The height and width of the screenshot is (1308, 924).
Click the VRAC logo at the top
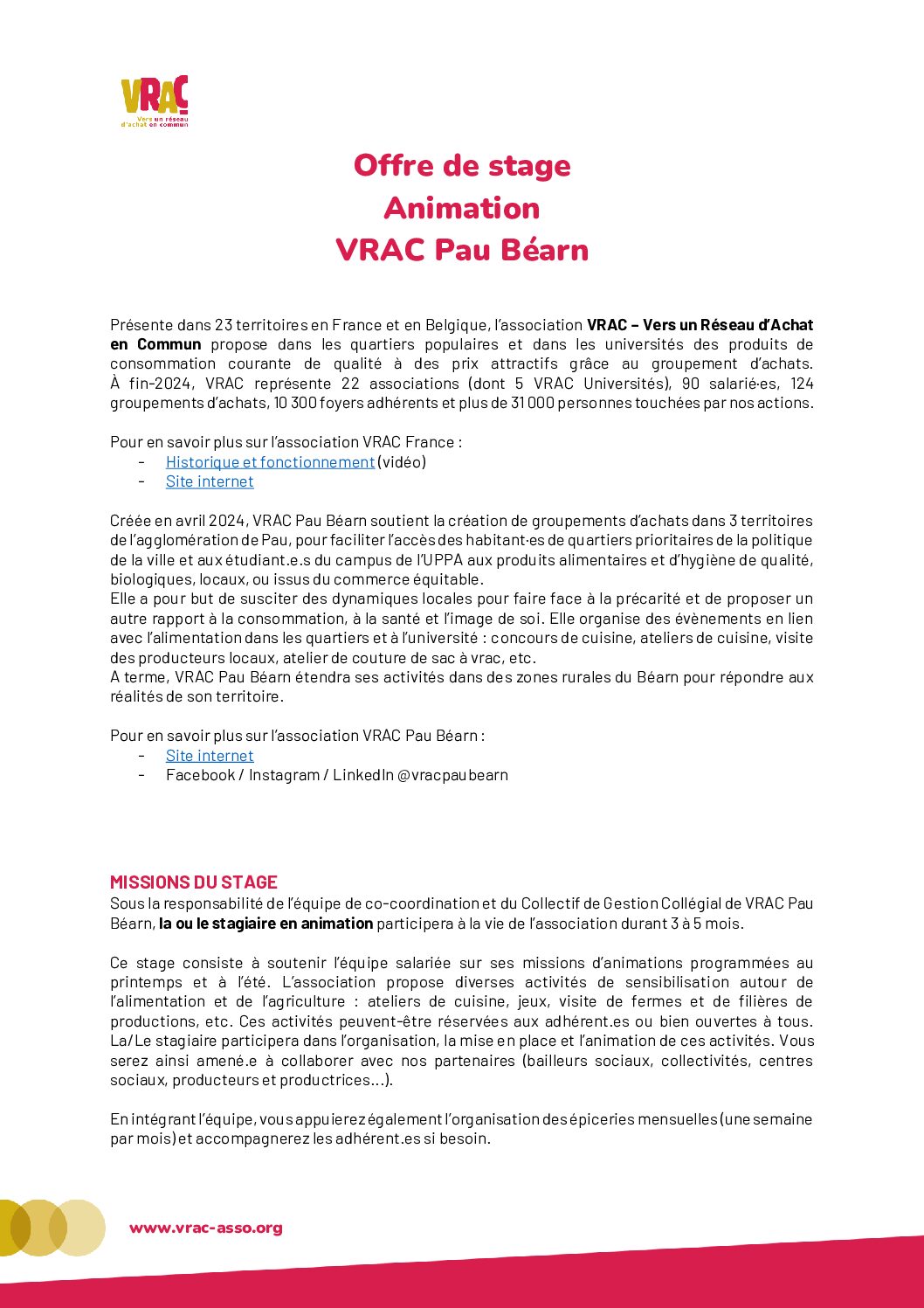[x=155, y=100]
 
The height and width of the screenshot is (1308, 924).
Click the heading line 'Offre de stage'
[x=462, y=165]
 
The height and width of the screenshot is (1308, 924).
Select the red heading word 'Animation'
[x=462, y=208]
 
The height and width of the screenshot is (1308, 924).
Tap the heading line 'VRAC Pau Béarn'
[x=462, y=250]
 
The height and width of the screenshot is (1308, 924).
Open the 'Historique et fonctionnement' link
[x=270, y=461]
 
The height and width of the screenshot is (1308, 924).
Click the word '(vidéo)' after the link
[x=402, y=461]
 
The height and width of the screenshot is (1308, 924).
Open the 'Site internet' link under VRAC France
[x=210, y=481]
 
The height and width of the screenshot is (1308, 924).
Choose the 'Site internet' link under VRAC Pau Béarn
[x=210, y=756]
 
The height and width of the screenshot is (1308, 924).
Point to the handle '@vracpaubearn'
[x=452, y=775]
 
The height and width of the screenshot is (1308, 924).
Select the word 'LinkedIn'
[x=362, y=775]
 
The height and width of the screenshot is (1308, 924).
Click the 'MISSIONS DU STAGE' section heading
[x=194, y=882]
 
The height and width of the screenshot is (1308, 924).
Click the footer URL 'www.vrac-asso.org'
[x=206, y=1228]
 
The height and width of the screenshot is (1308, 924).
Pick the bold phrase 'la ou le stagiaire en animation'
[x=266, y=924]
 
